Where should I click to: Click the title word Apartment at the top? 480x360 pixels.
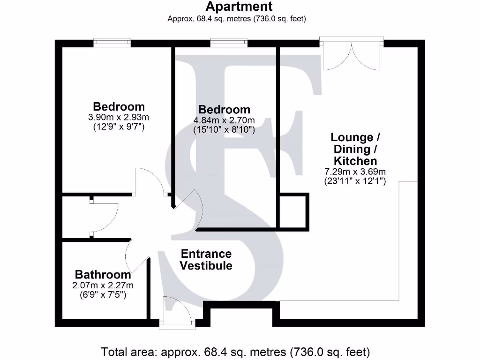pos(239,7)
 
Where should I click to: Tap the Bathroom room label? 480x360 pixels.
pos(103,275)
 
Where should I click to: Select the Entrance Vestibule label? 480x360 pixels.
pos(206,260)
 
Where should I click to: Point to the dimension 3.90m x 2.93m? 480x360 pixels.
pos(118,117)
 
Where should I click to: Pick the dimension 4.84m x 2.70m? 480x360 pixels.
pos(224,120)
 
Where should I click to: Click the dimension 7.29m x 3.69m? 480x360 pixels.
pos(355,172)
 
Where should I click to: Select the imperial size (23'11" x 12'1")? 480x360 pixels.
pos(355,181)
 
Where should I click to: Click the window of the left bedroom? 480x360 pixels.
pos(112,43)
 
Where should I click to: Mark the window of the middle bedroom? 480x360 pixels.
pos(229,43)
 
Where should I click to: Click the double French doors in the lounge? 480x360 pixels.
pos(352,54)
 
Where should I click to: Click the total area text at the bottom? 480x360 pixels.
pos(236,351)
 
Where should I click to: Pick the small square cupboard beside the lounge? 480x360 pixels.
pos(293,212)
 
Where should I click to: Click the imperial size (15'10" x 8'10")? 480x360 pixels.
pos(224,130)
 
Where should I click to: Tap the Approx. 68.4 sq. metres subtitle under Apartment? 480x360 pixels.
pos(237,19)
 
